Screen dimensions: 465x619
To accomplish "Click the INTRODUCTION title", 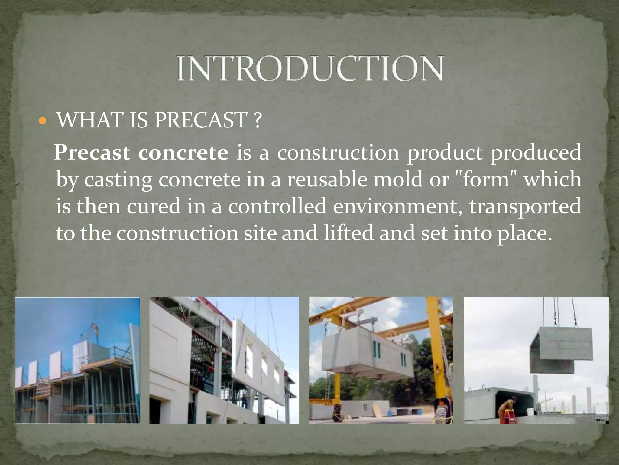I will click(x=309, y=68).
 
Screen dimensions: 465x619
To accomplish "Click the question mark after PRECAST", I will click(x=257, y=121).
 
